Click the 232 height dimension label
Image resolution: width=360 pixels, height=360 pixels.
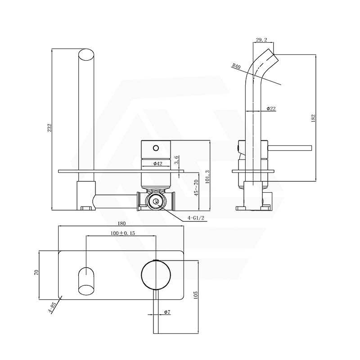coord(49,128)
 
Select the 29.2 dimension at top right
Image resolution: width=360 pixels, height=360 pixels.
coord(262,40)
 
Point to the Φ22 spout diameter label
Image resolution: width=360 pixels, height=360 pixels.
coord(271,108)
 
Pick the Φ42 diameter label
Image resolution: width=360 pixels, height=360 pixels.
coord(157,163)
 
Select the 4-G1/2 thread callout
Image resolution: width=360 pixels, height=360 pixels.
coord(197,218)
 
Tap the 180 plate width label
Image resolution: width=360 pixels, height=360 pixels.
coord(121,223)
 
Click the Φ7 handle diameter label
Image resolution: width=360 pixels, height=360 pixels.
coord(166,312)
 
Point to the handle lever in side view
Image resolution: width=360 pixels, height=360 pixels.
coord(290,147)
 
